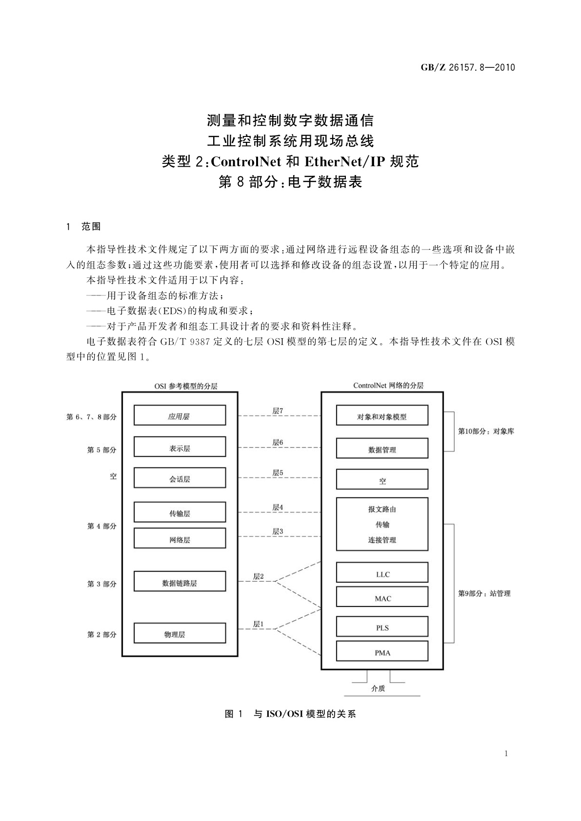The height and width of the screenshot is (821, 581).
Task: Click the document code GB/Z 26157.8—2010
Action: (467, 68)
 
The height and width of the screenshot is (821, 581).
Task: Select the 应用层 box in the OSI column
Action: (180, 415)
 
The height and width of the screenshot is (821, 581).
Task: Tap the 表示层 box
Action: (180, 447)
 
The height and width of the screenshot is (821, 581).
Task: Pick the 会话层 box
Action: (180, 478)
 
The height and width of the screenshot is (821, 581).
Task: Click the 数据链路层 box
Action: (180, 582)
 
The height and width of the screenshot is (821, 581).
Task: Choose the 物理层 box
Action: (180, 633)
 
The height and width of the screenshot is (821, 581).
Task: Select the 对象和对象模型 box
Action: (382, 416)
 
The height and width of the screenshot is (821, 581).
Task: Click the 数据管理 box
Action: (382, 449)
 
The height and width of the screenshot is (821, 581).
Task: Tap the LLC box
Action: (382, 573)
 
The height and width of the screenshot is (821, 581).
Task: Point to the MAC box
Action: (382, 597)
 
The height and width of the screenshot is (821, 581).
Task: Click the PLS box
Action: (382, 627)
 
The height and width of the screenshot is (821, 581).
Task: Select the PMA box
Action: (382, 651)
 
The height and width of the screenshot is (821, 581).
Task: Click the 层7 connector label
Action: (278, 411)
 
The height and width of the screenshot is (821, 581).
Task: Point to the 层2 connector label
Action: (258, 576)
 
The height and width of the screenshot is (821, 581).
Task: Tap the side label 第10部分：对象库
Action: (485, 431)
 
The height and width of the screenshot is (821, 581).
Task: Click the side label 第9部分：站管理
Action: (484, 593)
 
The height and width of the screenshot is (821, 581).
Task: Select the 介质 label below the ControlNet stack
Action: (378, 688)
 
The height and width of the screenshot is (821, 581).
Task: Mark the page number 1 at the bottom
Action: (506, 754)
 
